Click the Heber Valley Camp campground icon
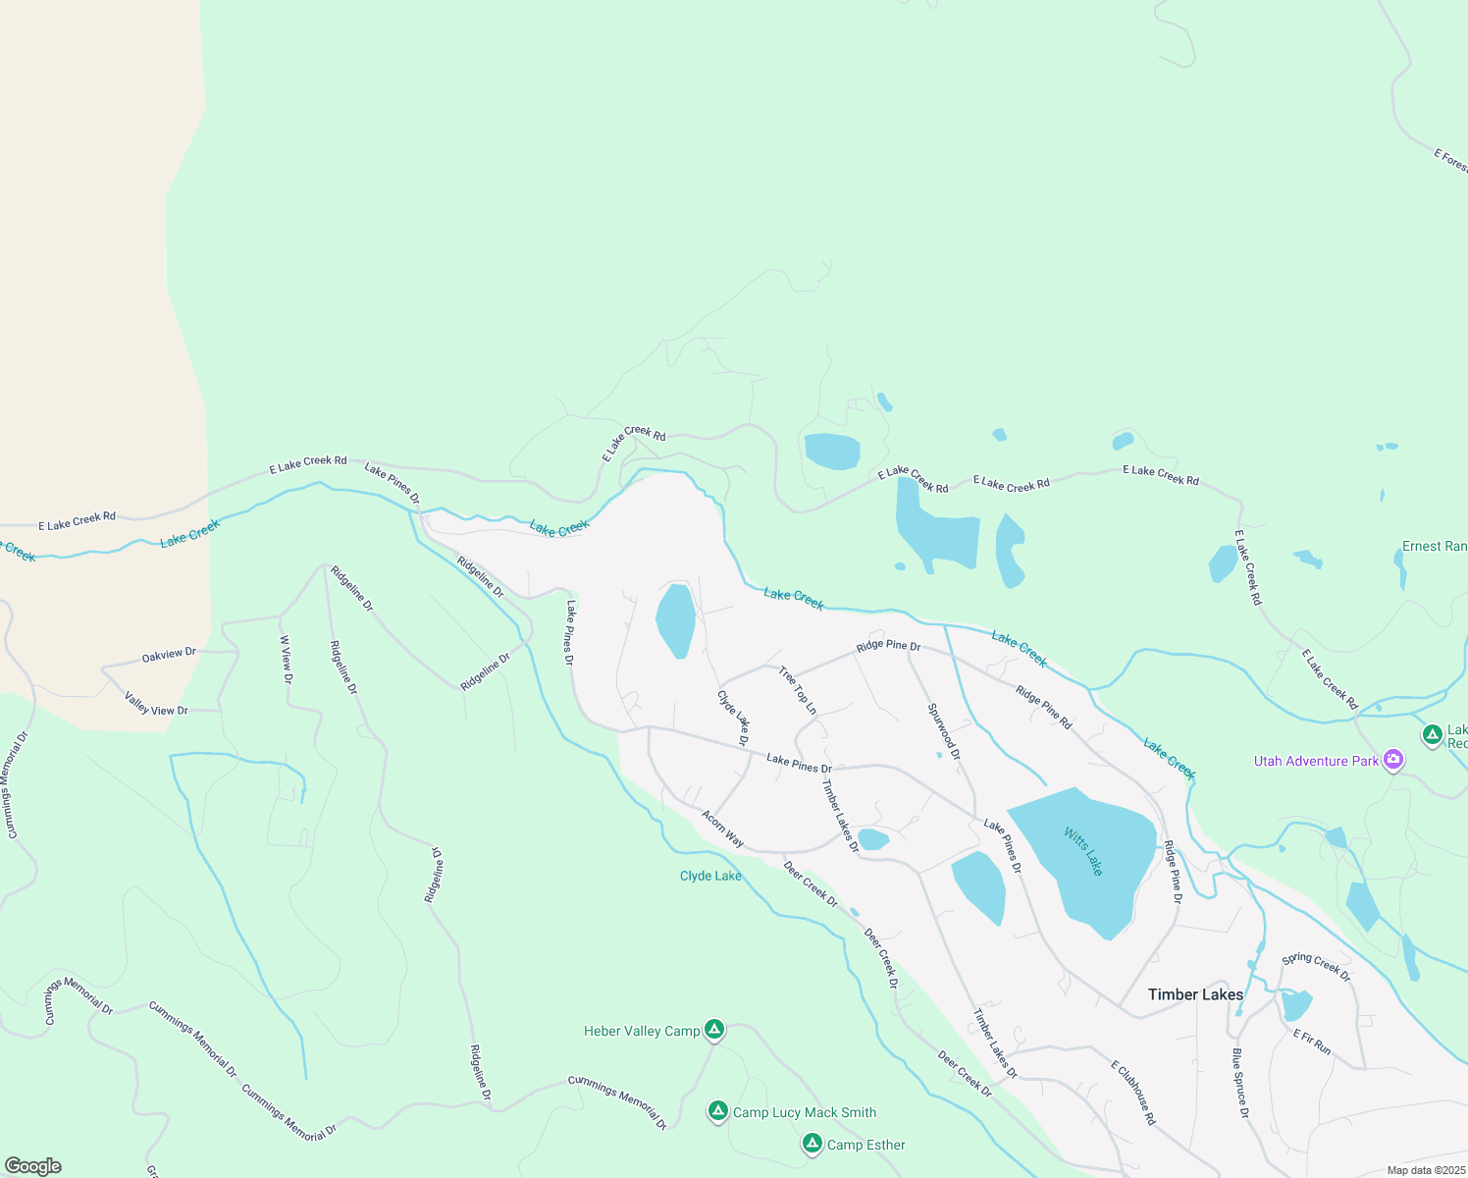click(x=715, y=1029)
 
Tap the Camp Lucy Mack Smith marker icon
click(x=718, y=1111)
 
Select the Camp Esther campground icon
click(x=812, y=1144)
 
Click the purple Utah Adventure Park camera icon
click(x=1392, y=760)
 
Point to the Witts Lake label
click(x=1084, y=851)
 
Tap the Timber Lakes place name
click(x=1195, y=994)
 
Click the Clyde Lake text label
click(x=710, y=876)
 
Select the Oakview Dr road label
click(x=169, y=655)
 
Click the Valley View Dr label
click(x=156, y=703)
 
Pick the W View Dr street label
click(x=287, y=659)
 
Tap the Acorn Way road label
click(x=723, y=829)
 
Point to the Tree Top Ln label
click(x=798, y=689)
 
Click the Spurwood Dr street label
click(x=944, y=731)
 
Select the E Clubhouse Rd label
click(x=1133, y=1093)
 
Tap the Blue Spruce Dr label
click(x=1240, y=1083)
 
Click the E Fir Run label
click(x=1312, y=1042)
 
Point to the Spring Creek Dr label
click(x=1317, y=966)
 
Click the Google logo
click(x=33, y=1166)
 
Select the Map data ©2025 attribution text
click(x=1425, y=1170)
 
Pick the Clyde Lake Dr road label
click(x=734, y=717)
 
